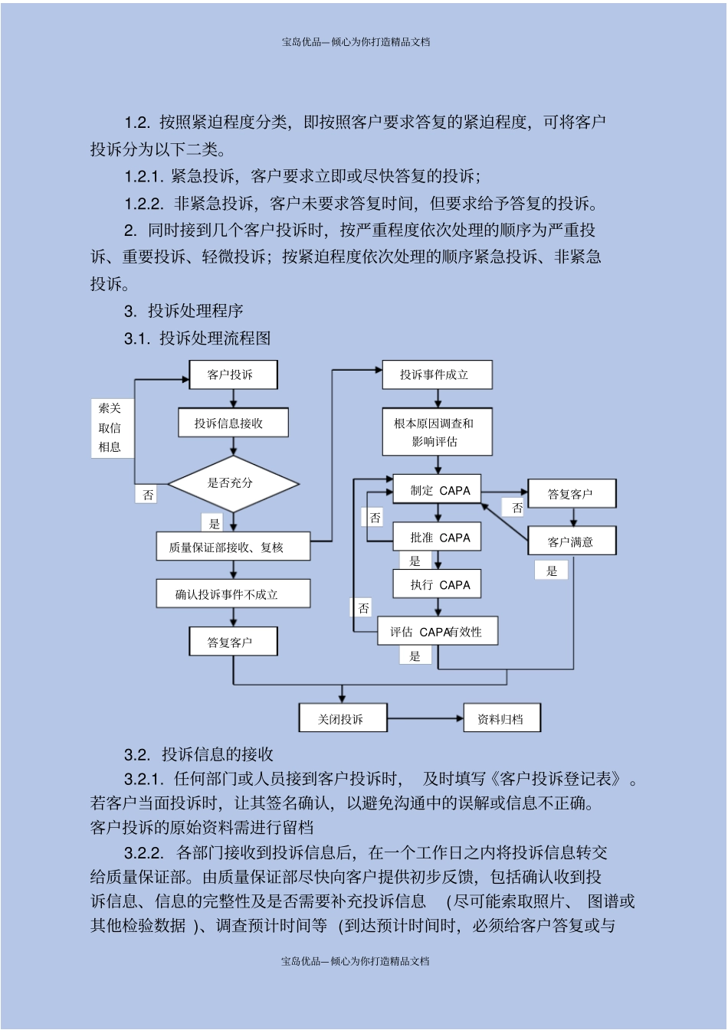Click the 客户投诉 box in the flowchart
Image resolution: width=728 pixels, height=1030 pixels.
[x=233, y=374]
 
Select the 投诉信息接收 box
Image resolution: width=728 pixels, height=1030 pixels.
[x=233, y=423]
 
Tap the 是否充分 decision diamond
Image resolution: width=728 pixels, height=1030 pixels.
[x=233, y=483]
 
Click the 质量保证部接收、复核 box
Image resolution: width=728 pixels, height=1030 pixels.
[x=234, y=547]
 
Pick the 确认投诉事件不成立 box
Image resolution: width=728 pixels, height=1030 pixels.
[x=233, y=594]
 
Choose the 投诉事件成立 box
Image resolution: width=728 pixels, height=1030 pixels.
[x=437, y=374]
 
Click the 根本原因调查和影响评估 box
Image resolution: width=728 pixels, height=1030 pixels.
[x=437, y=433]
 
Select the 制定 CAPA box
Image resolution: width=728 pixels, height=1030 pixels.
[x=437, y=490]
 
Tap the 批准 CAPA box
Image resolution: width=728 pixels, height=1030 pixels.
[x=437, y=538]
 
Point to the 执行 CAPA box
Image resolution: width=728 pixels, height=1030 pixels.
[x=437, y=585]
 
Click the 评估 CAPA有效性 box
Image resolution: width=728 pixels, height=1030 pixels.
[x=438, y=632]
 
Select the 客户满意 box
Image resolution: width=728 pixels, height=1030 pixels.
[x=572, y=541]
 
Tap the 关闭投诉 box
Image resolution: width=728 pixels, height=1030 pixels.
[x=343, y=718]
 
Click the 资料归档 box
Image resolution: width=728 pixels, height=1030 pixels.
[x=502, y=718]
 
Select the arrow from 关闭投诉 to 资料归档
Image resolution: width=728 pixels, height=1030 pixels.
[x=425, y=718]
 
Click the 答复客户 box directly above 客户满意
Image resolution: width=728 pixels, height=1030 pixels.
[x=572, y=494]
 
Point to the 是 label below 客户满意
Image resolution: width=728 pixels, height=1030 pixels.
[x=552, y=571]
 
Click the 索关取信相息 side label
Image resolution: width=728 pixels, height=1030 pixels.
[x=110, y=427]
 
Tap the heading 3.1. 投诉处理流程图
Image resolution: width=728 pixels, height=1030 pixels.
[x=198, y=338]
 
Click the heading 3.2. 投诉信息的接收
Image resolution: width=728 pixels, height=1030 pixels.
[x=199, y=754]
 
